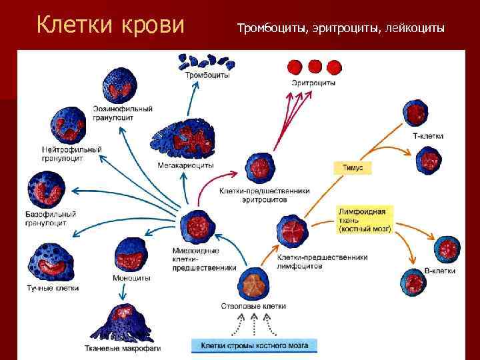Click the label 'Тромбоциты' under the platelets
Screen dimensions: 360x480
tap(207, 76)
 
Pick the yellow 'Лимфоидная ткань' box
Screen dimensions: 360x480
tap(365, 219)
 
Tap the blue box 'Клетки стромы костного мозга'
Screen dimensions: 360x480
tap(254, 345)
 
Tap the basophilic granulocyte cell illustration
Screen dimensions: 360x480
tap(43, 190)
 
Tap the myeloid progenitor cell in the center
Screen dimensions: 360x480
tap(198, 227)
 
